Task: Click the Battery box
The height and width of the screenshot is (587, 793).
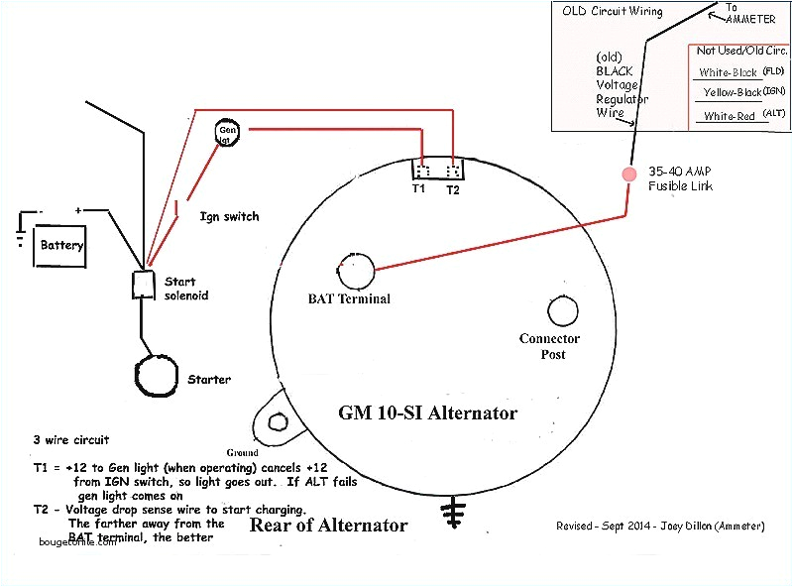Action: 60,245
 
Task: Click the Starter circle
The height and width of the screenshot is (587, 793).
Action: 158,376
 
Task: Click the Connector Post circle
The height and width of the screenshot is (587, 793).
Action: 562,311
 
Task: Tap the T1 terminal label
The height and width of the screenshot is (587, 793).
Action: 420,187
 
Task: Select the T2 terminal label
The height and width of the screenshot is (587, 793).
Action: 453,187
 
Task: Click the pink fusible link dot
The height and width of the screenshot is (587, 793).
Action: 628,175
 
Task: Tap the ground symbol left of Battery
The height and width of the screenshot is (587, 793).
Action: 20,233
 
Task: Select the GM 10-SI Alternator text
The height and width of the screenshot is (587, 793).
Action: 427,412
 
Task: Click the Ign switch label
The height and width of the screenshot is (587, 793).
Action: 229,216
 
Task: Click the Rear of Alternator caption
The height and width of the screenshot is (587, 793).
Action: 327,526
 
